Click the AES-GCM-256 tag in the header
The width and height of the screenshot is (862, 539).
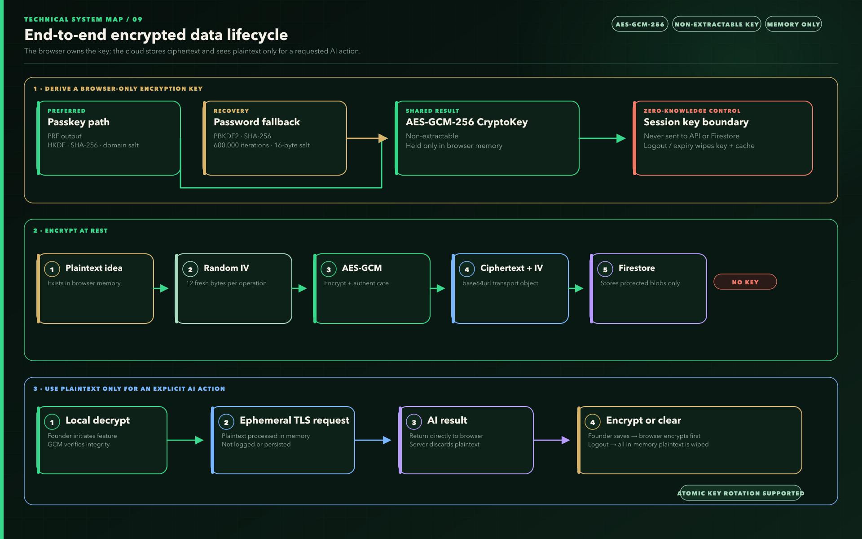640,24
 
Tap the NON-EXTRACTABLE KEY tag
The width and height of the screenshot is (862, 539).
717,24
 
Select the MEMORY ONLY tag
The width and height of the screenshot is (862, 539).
793,24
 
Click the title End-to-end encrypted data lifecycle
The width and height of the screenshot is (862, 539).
156,35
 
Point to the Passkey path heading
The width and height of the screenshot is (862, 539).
79,122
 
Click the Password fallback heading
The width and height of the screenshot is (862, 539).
257,122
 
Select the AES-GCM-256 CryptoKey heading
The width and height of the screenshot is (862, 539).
466,122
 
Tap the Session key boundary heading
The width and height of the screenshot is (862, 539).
696,122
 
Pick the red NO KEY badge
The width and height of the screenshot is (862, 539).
745,282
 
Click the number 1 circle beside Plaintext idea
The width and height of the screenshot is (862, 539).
52,269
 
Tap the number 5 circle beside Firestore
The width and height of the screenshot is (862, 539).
605,269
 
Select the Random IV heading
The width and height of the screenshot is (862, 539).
226,268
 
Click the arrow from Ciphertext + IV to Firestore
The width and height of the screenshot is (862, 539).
576,288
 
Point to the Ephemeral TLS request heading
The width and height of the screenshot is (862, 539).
295,420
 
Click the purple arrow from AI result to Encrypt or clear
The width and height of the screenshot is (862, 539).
552,440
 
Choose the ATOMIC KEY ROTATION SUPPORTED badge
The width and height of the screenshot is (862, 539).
741,493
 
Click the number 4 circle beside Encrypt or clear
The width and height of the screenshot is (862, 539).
593,422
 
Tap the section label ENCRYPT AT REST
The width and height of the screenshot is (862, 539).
76,230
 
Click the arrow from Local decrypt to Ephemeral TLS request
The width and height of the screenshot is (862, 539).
185,440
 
